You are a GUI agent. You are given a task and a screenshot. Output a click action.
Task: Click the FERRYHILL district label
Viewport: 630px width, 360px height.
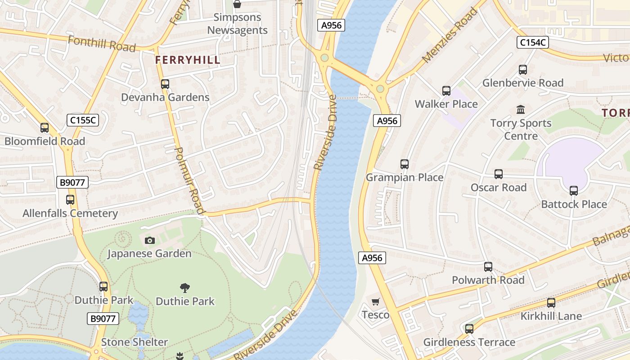188,60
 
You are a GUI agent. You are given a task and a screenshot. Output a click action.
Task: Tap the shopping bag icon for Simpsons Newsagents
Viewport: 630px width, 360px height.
237,4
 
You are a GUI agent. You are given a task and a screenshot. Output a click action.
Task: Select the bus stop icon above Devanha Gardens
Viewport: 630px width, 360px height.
165,84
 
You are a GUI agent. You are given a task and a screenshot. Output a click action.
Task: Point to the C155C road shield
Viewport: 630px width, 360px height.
83,120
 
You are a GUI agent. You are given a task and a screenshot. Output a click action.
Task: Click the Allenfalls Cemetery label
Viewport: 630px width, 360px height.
70,213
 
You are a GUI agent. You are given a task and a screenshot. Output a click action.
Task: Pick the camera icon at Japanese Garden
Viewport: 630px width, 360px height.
150,240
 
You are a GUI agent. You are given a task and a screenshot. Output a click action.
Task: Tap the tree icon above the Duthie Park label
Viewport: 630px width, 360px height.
184,288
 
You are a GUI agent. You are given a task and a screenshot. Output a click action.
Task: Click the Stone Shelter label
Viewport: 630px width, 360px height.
134,342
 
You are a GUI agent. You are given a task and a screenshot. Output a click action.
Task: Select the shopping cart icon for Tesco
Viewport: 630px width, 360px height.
375,301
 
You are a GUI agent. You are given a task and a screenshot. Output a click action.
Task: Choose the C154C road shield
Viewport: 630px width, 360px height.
532,43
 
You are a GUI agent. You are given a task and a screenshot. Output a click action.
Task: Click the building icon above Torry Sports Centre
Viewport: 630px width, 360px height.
521,109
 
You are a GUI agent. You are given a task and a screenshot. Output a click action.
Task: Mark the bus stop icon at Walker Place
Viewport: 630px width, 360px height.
446,91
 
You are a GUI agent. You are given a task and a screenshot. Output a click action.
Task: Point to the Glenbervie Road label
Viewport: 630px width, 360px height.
523,83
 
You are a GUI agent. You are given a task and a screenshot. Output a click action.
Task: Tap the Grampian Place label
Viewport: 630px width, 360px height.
405,177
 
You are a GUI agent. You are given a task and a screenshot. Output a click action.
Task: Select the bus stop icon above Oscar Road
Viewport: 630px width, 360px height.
498,174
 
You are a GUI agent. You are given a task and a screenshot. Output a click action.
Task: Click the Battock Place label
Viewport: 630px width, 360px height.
574,204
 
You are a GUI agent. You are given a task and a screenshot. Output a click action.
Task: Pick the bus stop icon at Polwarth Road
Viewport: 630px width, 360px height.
488,267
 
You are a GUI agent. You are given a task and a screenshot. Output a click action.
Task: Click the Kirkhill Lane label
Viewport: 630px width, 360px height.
551,316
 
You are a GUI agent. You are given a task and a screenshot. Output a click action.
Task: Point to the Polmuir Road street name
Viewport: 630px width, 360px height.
189,180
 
